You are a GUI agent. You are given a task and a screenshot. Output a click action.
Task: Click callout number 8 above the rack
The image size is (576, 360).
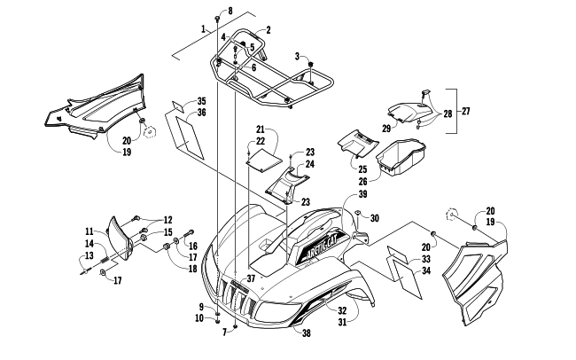point(230,11)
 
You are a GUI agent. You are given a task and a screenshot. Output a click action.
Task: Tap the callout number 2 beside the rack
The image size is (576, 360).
point(269,30)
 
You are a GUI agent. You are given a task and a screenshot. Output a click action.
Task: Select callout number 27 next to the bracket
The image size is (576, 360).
point(465,111)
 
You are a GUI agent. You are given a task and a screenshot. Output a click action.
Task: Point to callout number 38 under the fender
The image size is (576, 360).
point(307,333)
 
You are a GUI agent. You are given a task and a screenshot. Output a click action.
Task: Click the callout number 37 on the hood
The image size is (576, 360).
point(251,278)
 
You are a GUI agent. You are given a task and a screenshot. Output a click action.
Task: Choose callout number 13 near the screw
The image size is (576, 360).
point(90,256)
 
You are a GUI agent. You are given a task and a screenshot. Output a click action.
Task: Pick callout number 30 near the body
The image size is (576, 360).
point(374,218)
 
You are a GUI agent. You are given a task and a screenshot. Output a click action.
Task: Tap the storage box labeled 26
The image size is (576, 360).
point(401,156)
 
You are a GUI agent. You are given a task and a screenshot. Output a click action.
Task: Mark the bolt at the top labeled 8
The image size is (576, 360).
point(217,19)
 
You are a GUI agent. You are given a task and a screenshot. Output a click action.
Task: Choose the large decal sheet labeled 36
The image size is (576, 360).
point(189,137)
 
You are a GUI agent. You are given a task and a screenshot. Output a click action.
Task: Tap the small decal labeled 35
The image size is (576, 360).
point(178,106)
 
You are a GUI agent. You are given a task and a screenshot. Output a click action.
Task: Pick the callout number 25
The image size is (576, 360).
point(362,169)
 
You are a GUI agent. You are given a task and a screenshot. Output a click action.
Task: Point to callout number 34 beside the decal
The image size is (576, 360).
point(426,271)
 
